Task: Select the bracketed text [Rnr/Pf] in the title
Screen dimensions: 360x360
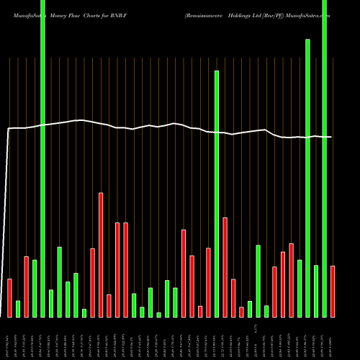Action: point(282,14)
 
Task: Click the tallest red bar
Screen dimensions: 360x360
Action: point(101,255)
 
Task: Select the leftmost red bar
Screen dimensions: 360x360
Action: point(9,297)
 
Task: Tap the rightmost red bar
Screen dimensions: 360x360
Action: point(333,291)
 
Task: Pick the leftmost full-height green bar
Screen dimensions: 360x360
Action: point(42,158)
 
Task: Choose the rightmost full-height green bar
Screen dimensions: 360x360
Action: point(324,158)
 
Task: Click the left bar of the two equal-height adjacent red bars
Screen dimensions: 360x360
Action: point(117,270)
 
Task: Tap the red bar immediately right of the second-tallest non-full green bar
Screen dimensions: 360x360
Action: point(225,267)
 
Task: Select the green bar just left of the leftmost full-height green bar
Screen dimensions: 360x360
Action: point(35,288)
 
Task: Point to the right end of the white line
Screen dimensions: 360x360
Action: point(331,137)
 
